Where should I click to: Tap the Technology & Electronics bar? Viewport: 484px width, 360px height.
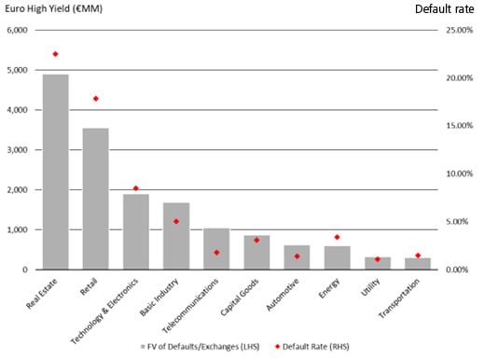[135, 231]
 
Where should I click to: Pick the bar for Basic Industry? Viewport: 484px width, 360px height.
[175, 236]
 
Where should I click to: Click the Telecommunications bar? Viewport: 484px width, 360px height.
[216, 248]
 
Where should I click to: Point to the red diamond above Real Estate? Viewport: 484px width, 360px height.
[55, 54]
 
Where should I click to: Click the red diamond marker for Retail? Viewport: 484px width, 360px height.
[95, 99]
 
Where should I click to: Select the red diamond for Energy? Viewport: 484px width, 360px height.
[337, 238]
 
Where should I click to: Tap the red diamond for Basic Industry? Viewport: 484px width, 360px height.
[175, 222]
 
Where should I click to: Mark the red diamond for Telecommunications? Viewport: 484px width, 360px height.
[216, 253]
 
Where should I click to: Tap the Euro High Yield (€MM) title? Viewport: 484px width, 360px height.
[53, 7]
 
